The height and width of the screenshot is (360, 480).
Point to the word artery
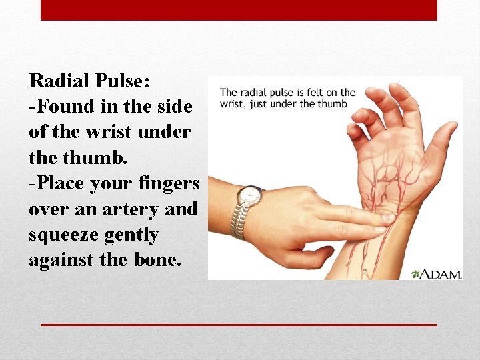pos(124,209)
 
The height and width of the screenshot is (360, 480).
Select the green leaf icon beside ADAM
pos(416,273)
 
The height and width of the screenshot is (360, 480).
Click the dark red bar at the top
pos(239,10)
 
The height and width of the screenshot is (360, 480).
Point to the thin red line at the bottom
pos(239,325)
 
